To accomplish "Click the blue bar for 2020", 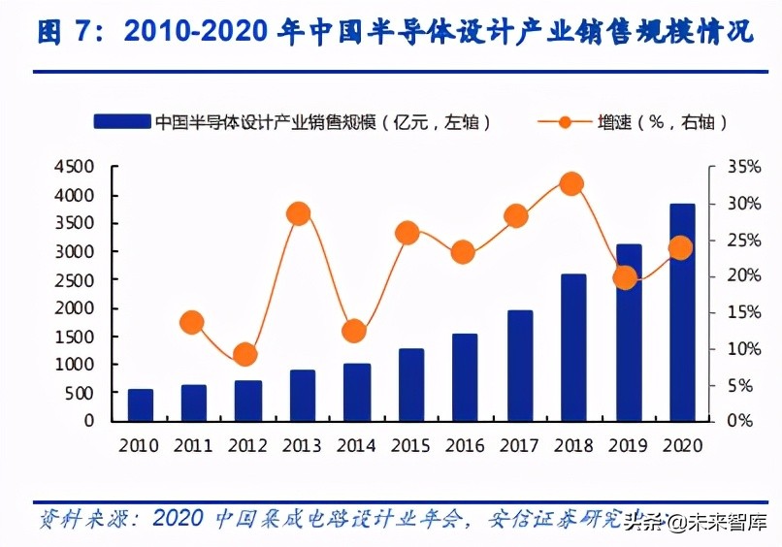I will [x=682, y=312].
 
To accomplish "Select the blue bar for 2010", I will [x=141, y=405].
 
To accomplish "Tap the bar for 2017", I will [x=520, y=366].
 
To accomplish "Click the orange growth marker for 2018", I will [x=571, y=184].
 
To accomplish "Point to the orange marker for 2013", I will [x=299, y=213].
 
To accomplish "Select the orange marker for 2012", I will [x=245, y=355].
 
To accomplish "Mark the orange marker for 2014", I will [x=354, y=332].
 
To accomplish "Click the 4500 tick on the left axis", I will [x=75, y=168].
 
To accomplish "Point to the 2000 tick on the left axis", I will [x=75, y=308].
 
